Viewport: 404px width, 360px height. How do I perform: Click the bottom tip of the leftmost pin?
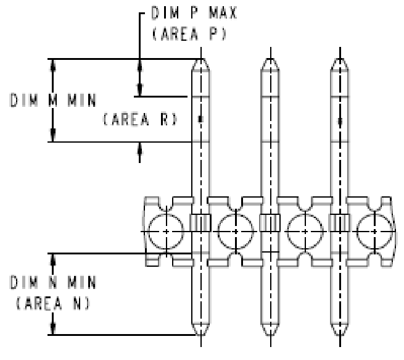(199, 334)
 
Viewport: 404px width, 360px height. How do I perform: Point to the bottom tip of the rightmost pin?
(338, 334)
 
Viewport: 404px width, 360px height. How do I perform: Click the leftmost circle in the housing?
(165, 231)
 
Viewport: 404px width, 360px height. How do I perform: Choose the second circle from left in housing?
(235, 231)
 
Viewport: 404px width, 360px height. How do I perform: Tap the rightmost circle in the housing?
(374, 231)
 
